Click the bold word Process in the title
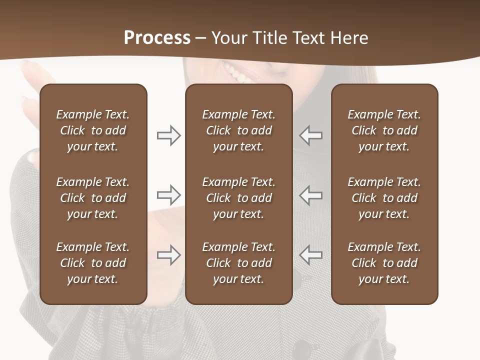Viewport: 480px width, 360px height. pos(157,37)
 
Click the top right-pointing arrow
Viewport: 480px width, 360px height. pos(169,135)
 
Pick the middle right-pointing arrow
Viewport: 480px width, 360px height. pos(169,194)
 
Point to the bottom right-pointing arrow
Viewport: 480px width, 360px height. pos(169,255)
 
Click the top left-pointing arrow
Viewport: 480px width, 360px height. pos(310,135)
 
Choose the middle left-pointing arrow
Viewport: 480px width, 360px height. pos(310,194)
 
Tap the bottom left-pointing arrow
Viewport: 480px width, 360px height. pos(310,255)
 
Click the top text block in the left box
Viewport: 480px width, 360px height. pos(93,130)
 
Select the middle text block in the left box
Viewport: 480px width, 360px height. pos(93,198)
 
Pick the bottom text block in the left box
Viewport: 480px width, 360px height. pos(93,263)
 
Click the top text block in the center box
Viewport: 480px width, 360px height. pos(238,130)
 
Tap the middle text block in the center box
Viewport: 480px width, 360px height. pos(238,198)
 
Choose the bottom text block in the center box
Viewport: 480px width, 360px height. pos(238,263)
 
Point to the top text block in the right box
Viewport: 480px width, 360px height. pos(384,130)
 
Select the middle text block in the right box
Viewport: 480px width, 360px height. pos(384,198)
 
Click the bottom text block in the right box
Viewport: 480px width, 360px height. pos(384,263)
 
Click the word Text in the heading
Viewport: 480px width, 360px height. pos(309,37)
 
